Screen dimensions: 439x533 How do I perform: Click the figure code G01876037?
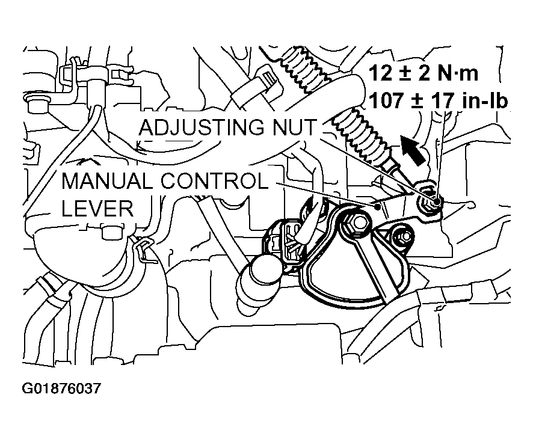point(61,389)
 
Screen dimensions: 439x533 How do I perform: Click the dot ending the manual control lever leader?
point(378,206)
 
